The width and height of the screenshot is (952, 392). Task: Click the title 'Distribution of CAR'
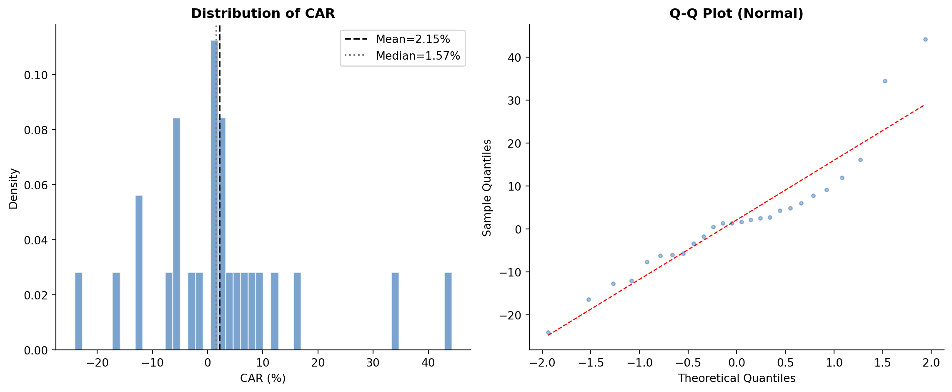[x=263, y=13]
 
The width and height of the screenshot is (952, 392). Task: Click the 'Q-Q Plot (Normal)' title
[x=736, y=13]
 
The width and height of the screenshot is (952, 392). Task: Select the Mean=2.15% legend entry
[x=413, y=39]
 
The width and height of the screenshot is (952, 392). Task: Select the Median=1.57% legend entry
[x=418, y=56]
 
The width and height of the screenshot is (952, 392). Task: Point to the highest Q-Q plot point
[x=925, y=39]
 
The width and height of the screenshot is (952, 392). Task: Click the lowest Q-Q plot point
[x=548, y=332]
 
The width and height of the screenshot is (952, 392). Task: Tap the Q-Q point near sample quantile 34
[x=884, y=81]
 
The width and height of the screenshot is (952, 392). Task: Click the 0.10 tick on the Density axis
[x=36, y=75]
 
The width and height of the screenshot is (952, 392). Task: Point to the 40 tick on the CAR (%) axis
[x=428, y=362]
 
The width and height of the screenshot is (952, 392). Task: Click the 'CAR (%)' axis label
[x=263, y=378]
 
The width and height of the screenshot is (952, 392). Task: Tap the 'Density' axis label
[x=14, y=188]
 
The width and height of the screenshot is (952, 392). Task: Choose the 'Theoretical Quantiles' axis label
[x=737, y=378]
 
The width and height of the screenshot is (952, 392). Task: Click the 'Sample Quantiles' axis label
[x=487, y=188]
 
